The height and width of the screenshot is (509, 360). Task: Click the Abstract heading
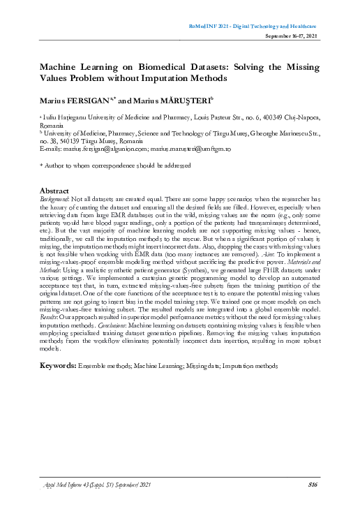point(54,190)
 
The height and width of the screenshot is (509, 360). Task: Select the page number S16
point(313,483)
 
